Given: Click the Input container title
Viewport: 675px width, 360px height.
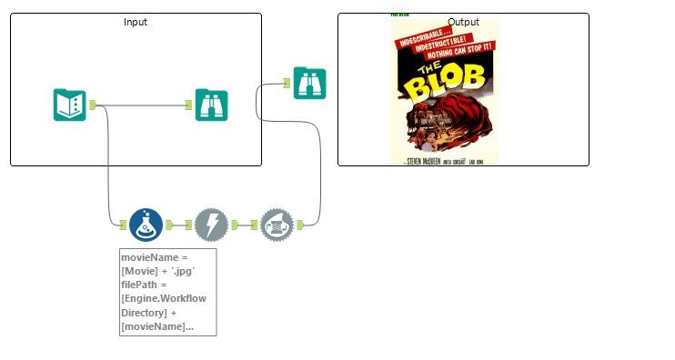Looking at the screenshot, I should pyautogui.click(x=136, y=22).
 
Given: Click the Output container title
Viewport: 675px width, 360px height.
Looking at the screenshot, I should pyautogui.click(x=463, y=22).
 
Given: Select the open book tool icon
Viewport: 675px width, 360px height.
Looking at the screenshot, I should pyautogui.click(x=70, y=105).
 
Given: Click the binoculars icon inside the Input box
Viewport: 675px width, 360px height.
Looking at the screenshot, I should pyautogui.click(x=212, y=105).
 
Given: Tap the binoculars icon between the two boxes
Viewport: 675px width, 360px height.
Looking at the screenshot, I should pyautogui.click(x=309, y=83).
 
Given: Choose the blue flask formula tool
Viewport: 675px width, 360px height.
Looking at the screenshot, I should pyautogui.click(x=146, y=224).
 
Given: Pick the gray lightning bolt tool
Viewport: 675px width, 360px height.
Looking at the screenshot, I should pyautogui.click(x=211, y=224).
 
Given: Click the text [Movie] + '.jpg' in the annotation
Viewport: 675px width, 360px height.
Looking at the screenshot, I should pyautogui.click(x=157, y=271).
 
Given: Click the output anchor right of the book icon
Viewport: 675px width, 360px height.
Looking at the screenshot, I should pyautogui.click(x=93, y=105).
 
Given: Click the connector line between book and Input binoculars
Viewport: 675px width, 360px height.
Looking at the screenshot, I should pyautogui.click(x=146, y=105).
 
